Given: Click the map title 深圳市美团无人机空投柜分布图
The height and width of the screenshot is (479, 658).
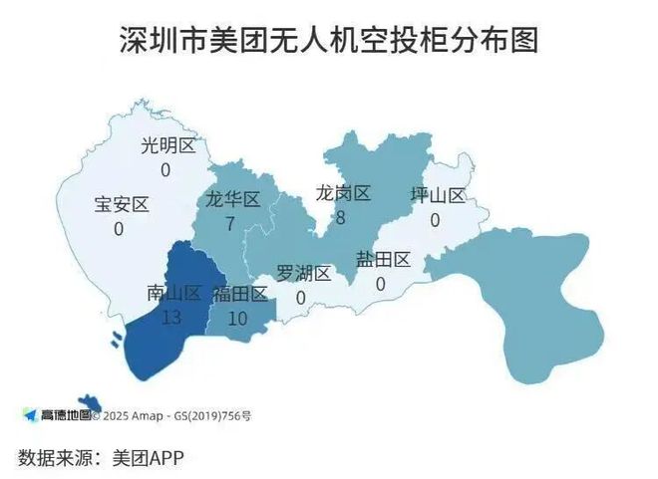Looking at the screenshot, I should click(x=328, y=41).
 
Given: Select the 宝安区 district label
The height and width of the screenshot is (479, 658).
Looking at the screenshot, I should click(x=122, y=205).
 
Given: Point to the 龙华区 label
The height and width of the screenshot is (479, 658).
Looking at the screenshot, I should click(x=232, y=199).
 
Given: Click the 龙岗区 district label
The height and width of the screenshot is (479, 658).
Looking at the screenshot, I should click(x=343, y=192).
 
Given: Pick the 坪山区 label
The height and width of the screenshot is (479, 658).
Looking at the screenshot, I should click(x=438, y=195).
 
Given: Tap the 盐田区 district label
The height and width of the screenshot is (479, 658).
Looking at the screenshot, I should click(x=383, y=260).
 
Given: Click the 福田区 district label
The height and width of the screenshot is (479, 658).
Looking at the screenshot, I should click(x=239, y=294).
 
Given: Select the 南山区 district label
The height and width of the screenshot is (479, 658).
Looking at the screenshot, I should click(x=173, y=293).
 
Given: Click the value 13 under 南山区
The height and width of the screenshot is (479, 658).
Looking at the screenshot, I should click(x=170, y=317).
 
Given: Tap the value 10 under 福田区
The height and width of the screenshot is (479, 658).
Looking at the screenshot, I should click(x=237, y=319).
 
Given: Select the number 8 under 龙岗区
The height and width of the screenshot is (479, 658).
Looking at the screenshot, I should click(x=340, y=216).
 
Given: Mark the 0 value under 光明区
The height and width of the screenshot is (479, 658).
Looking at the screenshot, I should click(x=165, y=170).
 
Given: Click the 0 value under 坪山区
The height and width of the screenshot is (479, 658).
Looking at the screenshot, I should click(x=435, y=219).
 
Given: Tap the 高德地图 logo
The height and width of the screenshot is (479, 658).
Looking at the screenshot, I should click(x=58, y=413).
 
